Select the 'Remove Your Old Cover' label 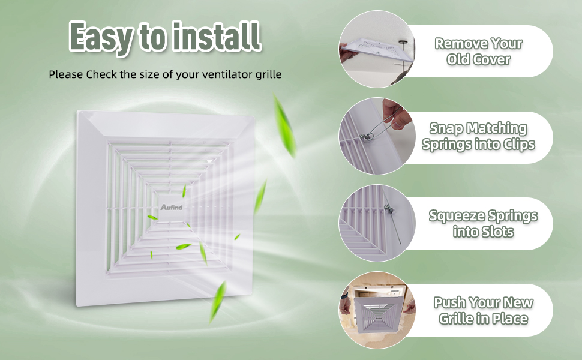[x=478, y=52]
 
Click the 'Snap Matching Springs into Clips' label [x=478, y=137]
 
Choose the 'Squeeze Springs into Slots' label [x=483, y=223]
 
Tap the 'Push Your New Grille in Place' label [x=483, y=310]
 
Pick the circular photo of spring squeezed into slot [x=377, y=223]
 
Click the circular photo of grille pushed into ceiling [x=377, y=310]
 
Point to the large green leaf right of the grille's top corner [x=284, y=125]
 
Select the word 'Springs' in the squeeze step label [x=511, y=216]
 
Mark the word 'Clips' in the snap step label [x=516, y=145]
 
